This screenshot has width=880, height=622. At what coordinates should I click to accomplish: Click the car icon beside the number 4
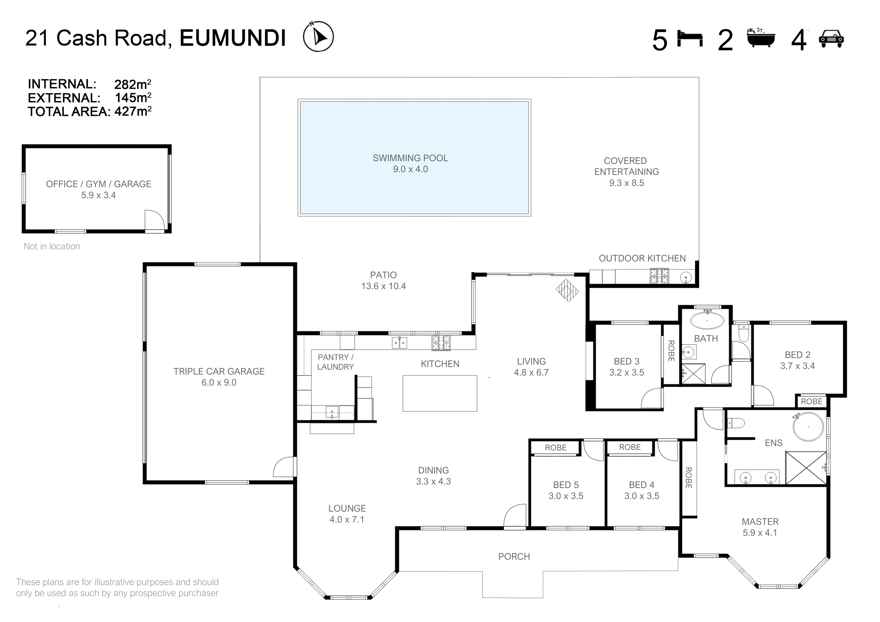click(831, 39)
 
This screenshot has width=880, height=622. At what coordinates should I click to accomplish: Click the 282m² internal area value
click(133, 84)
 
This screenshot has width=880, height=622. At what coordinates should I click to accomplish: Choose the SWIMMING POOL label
click(410, 158)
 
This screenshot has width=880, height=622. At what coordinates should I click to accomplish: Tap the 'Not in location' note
click(52, 246)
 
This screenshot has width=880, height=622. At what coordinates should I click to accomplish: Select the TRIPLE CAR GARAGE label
click(219, 371)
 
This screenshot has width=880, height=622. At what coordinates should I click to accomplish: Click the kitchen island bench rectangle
click(440, 393)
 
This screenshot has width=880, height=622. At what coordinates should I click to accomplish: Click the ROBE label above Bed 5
click(556, 448)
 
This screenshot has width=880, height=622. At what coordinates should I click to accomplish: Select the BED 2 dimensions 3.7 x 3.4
click(798, 366)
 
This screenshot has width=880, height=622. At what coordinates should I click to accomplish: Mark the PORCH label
click(514, 556)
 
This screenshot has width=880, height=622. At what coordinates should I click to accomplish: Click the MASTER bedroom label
click(760, 522)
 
